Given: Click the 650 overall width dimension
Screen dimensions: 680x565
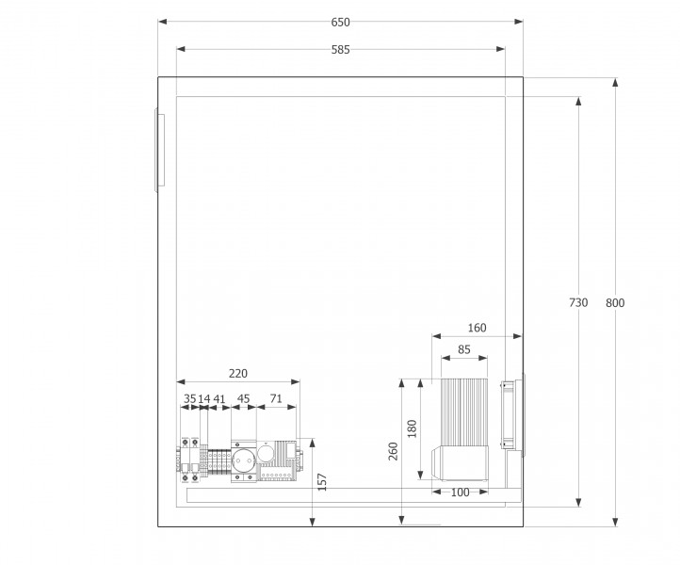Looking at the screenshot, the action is click(x=340, y=22).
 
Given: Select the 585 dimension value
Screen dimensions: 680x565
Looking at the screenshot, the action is click(x=340, y=50).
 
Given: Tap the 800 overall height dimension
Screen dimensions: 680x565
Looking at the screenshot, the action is click(x=615, y=302).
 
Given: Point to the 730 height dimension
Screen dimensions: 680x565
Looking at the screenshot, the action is click(x=578, y=302).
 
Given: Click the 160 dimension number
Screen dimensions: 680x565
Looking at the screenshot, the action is click(x=478, y=328).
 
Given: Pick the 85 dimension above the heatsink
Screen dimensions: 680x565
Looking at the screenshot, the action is click(x=464, y=349).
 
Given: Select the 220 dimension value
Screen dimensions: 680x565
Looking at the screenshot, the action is click(x=238, y=373).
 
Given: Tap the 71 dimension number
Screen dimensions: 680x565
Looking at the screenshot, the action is click(x=276, y=398).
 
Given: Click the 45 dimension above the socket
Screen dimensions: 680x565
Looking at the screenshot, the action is click(x=243, y=398).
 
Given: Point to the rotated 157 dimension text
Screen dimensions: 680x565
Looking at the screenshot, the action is click(x=322, y=482).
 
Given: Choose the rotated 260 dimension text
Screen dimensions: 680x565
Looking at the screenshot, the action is click(x=393, y=451).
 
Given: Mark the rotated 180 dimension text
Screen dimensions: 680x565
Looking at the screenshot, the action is click(x=412, y=428).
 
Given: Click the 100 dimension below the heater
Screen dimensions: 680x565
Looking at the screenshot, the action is click(x=461, y=492).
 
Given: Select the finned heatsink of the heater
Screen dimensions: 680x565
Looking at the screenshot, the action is click(x=464, y=412).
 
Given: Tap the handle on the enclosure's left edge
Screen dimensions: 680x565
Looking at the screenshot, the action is click(x=159, y=151).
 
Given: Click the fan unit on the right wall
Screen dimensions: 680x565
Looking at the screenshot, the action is click(x=513, y=415).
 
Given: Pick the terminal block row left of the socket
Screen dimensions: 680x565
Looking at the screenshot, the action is click(x=219, y=460).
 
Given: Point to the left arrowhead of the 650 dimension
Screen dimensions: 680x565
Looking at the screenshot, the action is click(x=162, y=22).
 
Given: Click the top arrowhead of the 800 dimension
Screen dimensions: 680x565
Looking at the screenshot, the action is click(x=615, y=82).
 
